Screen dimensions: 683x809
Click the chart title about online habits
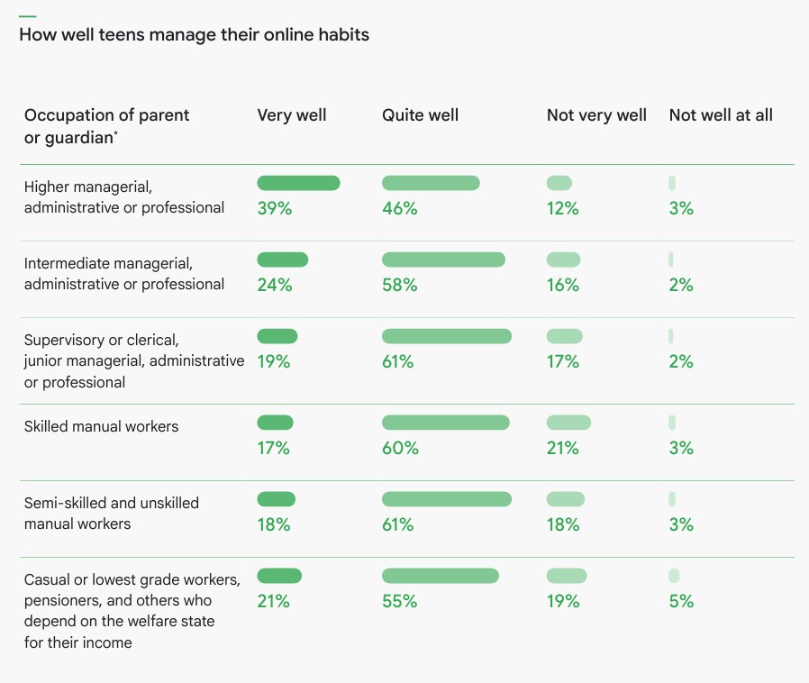coord(194,35)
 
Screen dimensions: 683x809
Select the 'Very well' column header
coord(292,115)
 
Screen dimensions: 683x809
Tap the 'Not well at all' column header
coord(721,115)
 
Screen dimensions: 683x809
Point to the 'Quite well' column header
coord(420,115)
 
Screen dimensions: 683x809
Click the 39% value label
coord(275,208)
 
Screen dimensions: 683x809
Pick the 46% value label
coord(400,208)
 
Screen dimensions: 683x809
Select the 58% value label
coord(400,285)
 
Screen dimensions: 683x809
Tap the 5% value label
coord(681,601)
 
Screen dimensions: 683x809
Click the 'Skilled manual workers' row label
coord(101,426)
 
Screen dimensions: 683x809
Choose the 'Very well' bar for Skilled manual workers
coord(276,423)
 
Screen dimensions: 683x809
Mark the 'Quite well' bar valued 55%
coord(441,576)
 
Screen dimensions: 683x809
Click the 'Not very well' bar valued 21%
coord(568,423)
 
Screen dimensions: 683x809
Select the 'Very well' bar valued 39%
coord(298,183)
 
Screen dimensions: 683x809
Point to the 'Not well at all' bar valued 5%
coord(674,576)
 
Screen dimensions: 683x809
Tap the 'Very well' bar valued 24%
coord(283,260)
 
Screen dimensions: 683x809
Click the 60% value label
coord(400,448)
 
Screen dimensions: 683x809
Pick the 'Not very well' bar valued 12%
coord(559,183)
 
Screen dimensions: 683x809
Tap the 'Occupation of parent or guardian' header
coord(106,126)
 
